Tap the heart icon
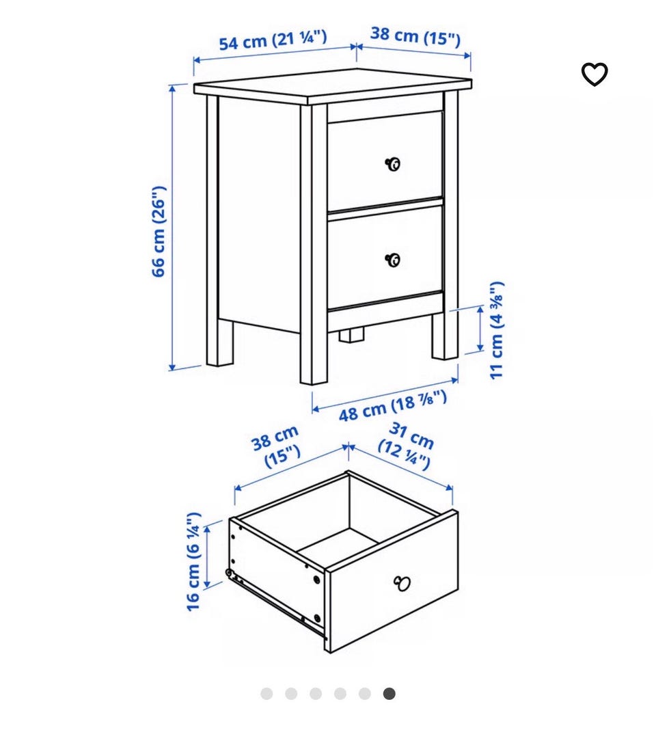tap(594, 75)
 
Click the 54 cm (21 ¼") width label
tap(273, 40)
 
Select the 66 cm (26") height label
tap(159, 232)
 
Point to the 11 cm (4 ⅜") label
tap(497, 329)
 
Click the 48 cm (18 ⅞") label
tap(392, 405)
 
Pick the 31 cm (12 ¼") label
tap(407, 446)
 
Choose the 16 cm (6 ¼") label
tap(193, 561)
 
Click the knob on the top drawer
tap(393, 164)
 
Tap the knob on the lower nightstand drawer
tap(393, 260)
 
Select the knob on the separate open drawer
tap(402, 583)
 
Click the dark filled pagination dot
tap(389, 694)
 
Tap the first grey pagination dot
tap(266, 694)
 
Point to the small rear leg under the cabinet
tap(351, 335)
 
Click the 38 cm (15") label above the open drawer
tap(276, 446)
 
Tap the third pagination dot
tap(316, 694)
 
